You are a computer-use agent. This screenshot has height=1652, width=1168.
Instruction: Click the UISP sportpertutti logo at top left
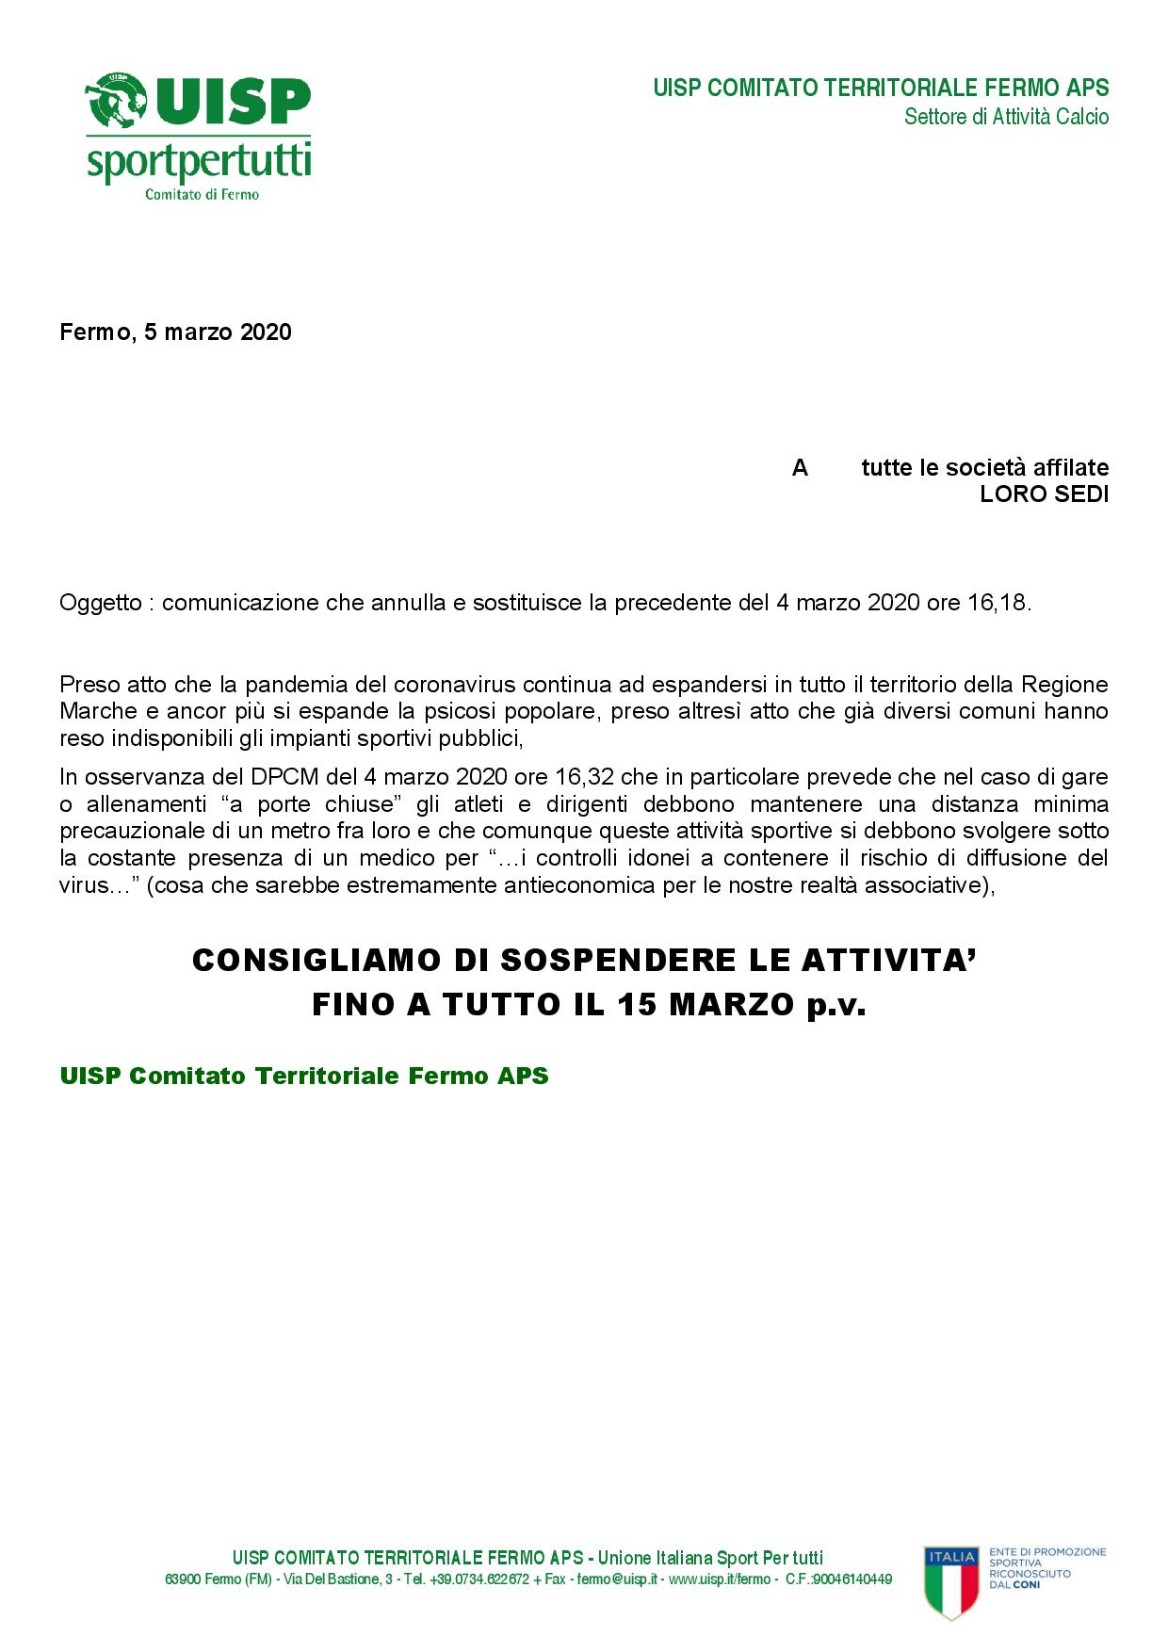click(x=199, y=137)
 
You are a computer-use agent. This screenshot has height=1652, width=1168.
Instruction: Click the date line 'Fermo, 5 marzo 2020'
click(x=175, y=332)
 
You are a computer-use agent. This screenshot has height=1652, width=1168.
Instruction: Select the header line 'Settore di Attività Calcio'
click(x=1006, y=117)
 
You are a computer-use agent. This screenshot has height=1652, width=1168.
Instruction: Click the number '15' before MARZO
click(x=638, y=1006)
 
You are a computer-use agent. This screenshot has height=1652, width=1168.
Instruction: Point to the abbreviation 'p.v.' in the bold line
click(x=835, y=1006)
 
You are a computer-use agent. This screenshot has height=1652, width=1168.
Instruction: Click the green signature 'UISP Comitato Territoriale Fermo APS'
click(x=303, y=1076)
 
